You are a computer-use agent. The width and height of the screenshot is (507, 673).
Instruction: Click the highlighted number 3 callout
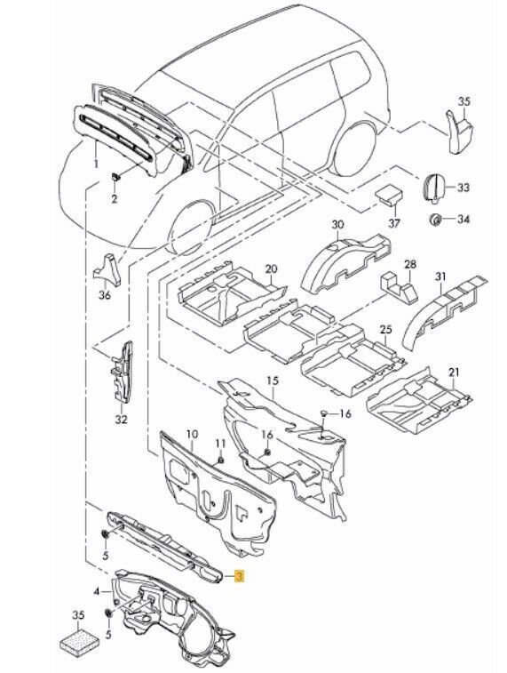pyautogui.click(x=239, y=576)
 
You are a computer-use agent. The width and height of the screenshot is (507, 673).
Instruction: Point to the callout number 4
pyautogui.click(x=96, y=589)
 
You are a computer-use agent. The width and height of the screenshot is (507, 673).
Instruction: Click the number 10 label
pyautogui.click(x=190, y=434)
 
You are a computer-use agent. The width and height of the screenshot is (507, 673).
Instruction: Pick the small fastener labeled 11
pyautogui.click(x=218, y=459)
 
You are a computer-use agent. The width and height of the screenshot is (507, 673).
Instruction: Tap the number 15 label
pyautogui.click(x=273, y=381)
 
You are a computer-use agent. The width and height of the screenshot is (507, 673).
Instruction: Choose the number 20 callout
pyautogui.click(x=271, y=268)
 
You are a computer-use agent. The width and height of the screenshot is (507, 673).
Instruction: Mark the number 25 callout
pyautogui.click(x=385, y=330)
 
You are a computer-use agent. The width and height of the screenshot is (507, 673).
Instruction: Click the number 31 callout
pyautogui.click(x=439, y=276)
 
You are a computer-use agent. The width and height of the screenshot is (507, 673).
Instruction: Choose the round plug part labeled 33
pyautogui.click(x=435, y=188)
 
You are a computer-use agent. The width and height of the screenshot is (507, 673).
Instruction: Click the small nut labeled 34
pyautogui.click(x=435, y=219)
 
